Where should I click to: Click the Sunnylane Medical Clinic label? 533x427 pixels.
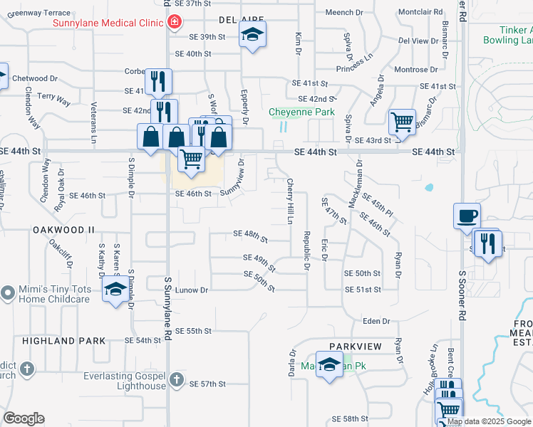(x=108, y=23)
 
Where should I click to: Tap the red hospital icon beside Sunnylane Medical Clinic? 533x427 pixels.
(x=173, y=23)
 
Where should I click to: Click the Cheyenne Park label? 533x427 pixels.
(x=301, y=112)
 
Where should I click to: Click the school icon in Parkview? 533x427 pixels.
(x=329, y=366)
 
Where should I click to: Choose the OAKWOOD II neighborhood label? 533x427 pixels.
(x=63, y=230)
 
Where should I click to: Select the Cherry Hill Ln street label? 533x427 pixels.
(x=290, y=201)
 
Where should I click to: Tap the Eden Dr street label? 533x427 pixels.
(x=377, y=322)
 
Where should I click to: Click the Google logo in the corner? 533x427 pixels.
(x=24, y=418)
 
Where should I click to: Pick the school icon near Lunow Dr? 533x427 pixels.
(x=114, y=290)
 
